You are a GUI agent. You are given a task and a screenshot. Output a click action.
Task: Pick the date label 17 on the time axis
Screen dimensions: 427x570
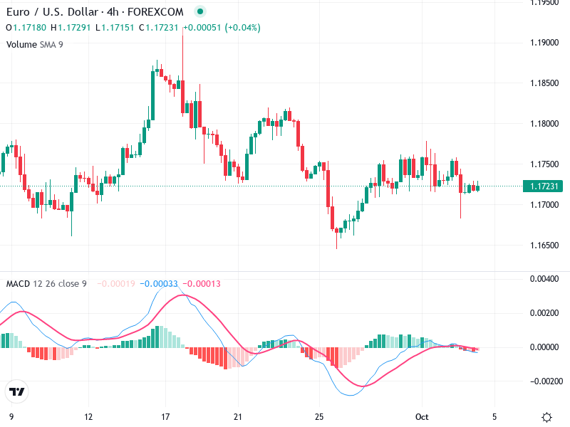coord(165,416)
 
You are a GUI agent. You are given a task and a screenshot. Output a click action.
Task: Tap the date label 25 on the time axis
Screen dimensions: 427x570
coord(319,416)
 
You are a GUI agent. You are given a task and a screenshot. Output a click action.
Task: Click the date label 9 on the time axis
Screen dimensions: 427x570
coord(11,416)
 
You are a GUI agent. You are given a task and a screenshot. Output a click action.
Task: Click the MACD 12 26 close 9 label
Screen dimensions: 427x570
coord(46,284)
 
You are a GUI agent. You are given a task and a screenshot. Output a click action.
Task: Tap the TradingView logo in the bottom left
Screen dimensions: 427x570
coord(16,392)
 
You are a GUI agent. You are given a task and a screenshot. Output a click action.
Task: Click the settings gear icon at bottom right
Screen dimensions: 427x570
coord(546,417)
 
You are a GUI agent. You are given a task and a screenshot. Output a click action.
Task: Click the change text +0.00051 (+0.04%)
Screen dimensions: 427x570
coord(222,28)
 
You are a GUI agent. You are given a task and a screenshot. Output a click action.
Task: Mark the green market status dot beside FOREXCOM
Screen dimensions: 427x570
coord(199,12)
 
